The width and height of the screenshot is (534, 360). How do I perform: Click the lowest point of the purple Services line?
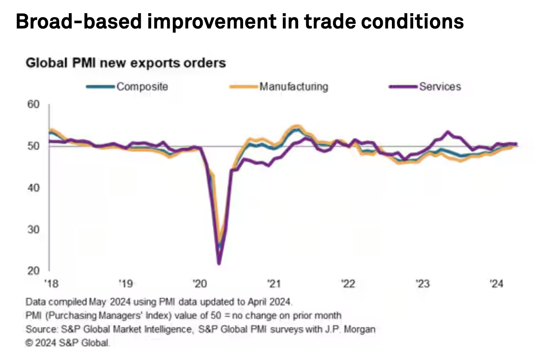pos(219,263)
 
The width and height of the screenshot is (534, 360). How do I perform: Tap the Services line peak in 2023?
pos(448,132)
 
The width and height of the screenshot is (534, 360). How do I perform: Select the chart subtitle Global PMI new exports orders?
pos(126,62)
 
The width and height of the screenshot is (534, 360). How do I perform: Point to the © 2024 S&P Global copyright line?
pos(68,343)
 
